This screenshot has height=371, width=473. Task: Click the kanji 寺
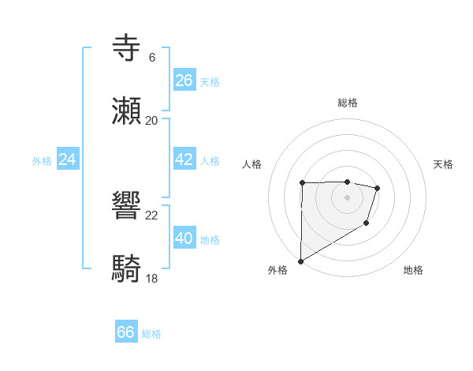pos(127,48)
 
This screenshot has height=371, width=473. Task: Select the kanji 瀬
pos(127,111)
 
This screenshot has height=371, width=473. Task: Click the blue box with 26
pos(184,81)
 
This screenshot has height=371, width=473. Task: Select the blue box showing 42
pos(184,159)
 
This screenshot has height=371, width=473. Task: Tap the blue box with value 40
pos(184,238)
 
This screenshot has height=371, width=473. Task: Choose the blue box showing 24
pos(68,159)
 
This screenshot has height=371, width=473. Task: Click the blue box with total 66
pos(125,332)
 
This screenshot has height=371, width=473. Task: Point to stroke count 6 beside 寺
pos(151,58)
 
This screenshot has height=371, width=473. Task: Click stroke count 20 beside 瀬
pos(151,121)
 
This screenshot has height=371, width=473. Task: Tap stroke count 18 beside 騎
pos(151,279)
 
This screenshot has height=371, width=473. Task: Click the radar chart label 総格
pos(347,103)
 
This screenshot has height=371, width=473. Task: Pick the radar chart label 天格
pos(444,164)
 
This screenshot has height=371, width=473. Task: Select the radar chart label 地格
pos(413,270)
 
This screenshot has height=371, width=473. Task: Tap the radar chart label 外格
pos(277,270)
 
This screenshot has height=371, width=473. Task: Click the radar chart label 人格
pos(252,164)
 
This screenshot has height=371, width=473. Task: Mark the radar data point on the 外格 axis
pos(300,260)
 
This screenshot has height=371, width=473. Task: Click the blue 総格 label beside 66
pos(151,334)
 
